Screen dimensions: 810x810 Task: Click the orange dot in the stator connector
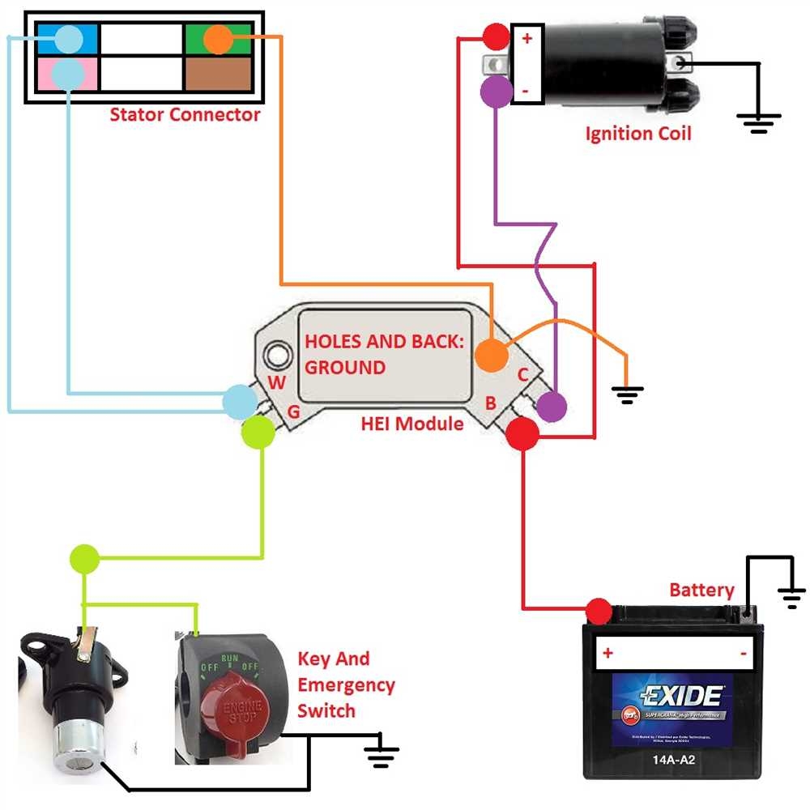[x=218, y=39]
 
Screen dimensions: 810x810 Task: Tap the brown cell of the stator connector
[x=218, y=74]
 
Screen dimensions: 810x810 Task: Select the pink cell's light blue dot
[x=67, y=74]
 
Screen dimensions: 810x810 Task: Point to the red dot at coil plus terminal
[x=495, y=36]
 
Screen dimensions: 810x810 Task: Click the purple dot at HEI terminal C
[x=552, y=406]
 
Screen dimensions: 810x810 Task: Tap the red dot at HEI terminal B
[x=522, y=434]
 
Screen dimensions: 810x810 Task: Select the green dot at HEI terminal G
[x=258, y=432]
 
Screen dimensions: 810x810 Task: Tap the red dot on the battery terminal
[x=599, y=610]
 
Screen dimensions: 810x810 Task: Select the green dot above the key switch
[x=85, y=558]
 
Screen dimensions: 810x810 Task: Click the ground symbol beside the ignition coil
[x=759, y=122]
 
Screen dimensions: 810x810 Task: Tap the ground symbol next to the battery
[x=791, y=598]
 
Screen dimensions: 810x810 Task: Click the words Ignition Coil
[x=638, y=134]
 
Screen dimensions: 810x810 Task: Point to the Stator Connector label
[x=185, y=114]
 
